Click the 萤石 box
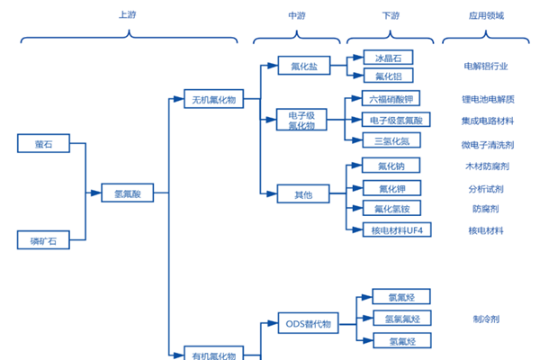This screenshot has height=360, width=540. pyautogui.click(x=42, y=144)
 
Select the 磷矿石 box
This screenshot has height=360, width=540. pyautogui.click(x=42, y=240)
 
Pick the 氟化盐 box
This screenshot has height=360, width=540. pyautogui.click(x=303, y=67)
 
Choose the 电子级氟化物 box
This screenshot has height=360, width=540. pyautogui.click(x=302, y=120)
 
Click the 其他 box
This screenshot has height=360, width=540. pyautogui.click(x=302, y=193)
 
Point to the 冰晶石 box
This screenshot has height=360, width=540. pyautogui.click(x=388, y=58)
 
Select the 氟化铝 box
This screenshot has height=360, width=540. pyautogui.click(x=388, y=76)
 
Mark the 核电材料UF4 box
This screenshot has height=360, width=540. pyautogui.click(x=396, y=230)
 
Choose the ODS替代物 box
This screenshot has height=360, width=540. pyautogui.click(x=309, y=323)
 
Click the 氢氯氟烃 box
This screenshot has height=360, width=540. pyautogui.click(x=402, y=319)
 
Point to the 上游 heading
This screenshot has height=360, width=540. pyautogui.click(x=128, y=15)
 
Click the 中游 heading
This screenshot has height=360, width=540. pyautogui.click(x=297, y=15)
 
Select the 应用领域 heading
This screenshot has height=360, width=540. pyautogui.click(x=486, y=15)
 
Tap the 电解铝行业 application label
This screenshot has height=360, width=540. pyautogui.click(x=486, y=67)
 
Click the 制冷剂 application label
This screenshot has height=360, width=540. pyautogui.click(x=486, y=319)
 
